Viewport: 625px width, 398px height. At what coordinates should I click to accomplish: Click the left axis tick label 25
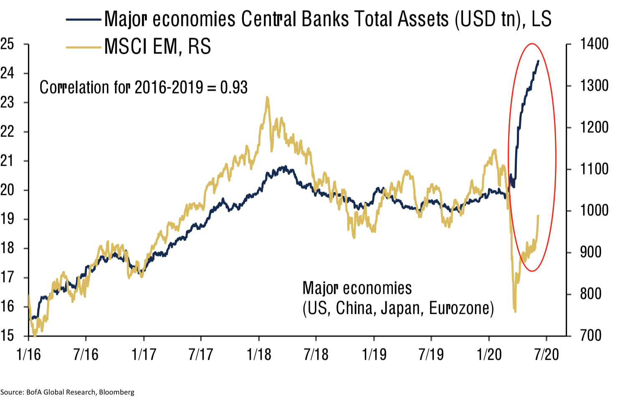pos(7,44)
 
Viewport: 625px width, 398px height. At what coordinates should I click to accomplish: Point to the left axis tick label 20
pos(7,190)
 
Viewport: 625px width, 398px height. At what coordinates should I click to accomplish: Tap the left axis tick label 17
pos(7,277)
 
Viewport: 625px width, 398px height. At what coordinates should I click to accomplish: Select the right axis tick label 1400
pos(594,44)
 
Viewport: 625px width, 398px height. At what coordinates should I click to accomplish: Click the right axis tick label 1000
pos(594,210)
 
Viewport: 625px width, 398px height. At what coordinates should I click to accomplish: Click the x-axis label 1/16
pos(28,355)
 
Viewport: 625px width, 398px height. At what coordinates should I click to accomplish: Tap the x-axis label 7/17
pos(201,355)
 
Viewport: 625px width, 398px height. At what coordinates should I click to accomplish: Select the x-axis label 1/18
pos(259,355)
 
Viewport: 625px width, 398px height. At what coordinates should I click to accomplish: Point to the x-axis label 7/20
pos(547,355)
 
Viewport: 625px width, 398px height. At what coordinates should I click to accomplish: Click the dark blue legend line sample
pos(84,20)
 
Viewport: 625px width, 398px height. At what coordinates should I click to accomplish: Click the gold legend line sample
pos(84,47)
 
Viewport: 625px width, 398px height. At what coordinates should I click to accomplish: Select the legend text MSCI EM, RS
pos(157,47)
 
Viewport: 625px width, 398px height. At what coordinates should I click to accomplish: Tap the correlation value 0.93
pos(234,88)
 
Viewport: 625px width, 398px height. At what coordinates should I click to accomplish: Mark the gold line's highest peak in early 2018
pos(267,98)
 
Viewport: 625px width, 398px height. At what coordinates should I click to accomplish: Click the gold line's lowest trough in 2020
pos(515,311)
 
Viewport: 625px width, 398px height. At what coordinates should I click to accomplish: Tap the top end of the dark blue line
pos(538,61)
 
